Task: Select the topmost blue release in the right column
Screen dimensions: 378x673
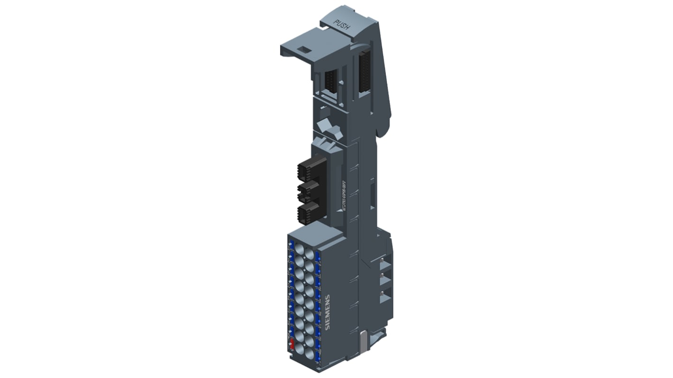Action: coord(318,256)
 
